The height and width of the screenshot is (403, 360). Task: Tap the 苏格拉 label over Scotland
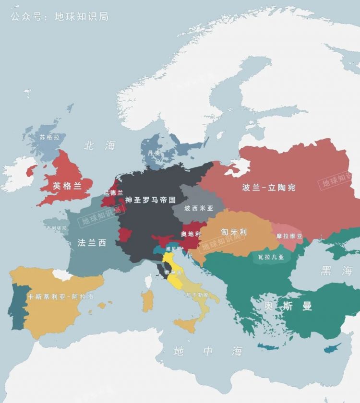click(x=50, y=137)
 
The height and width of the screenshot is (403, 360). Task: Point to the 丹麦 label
click(x=154, y=153)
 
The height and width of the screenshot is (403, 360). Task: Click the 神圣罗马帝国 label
click(x=150, y=200)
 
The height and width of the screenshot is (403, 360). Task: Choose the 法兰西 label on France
click(x=92, y=243)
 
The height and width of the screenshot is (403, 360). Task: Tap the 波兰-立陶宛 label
click(x=269, y=188)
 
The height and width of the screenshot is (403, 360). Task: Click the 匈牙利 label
click(x=233, y=232)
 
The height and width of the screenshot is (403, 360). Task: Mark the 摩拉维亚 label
click(x=289, y=236)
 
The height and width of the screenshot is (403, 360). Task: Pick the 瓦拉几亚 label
click(x=271, y=257)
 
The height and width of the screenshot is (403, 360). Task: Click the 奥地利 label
click(x=190, y=234)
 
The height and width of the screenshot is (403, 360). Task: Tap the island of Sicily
click(x=185, y=326)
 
